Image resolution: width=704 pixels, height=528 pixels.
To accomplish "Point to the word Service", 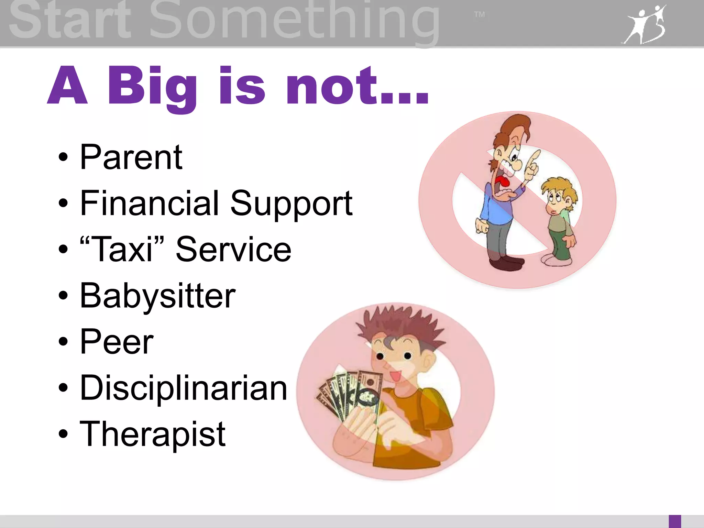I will tap(233, 250).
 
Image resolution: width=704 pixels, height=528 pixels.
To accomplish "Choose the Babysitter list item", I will tap(157, 296).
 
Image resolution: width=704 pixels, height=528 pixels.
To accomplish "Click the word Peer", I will tap(117, 342).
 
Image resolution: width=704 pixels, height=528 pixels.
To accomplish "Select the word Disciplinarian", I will tap(183, 388).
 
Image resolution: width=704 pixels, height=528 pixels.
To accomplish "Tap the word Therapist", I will tap(153, 434).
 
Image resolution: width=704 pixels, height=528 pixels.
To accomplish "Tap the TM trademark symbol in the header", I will tap(480, 14).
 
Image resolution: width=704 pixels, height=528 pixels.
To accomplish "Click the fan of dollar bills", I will tap(347, 395).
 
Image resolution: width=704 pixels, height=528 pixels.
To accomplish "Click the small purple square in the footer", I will tap(675, 521).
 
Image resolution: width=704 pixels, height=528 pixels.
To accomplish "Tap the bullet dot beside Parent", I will tap(63, 157).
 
